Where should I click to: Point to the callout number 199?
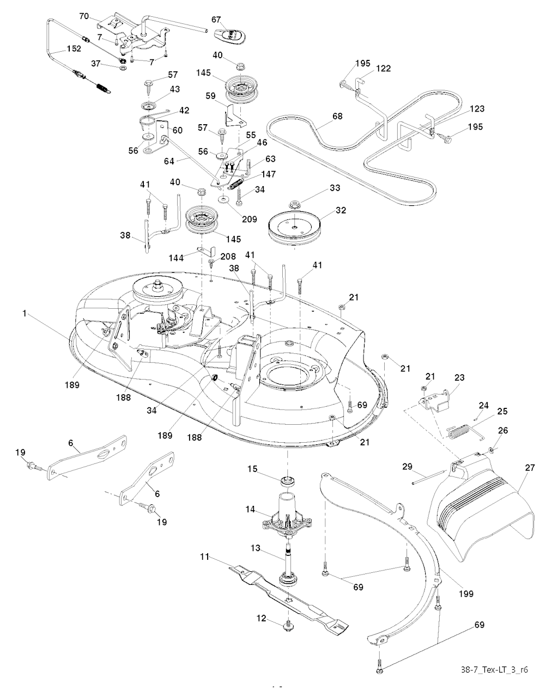tap(466, 594)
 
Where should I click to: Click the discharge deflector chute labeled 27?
tap(480, 512)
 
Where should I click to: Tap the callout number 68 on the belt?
tap(338, 116)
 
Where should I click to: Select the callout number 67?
tap(216, 20)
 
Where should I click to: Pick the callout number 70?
tap(84, 17)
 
